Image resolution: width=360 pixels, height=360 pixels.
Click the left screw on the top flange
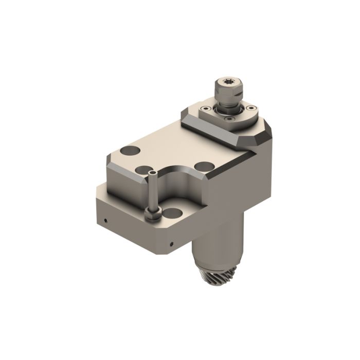pyautogui.click(x=204, y=109)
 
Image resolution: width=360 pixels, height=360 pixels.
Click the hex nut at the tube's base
pyautogui.click(x=150, y=214)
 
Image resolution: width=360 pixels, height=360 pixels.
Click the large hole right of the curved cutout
pyautogui.click(x=205, y=166)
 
